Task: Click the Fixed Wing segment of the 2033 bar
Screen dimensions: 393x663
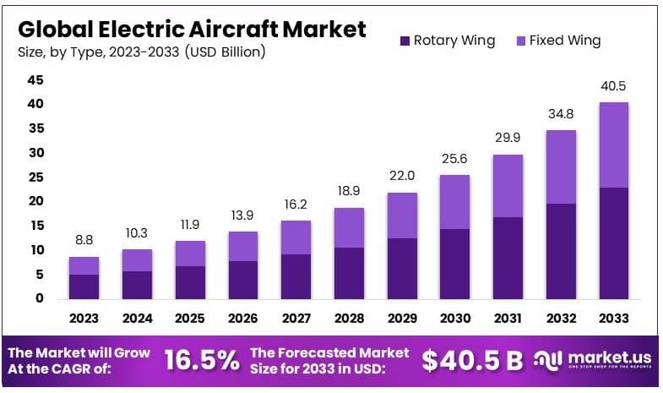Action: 613,145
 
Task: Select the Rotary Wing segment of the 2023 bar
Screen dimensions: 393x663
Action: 84,287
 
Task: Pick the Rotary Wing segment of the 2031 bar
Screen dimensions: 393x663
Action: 508,258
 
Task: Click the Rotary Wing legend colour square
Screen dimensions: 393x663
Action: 404,41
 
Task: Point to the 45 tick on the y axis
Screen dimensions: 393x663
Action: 35,80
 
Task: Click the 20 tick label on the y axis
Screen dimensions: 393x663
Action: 35,201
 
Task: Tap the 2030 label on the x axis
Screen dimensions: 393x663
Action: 454,319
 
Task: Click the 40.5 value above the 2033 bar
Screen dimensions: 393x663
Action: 613,86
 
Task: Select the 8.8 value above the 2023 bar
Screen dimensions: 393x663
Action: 84,241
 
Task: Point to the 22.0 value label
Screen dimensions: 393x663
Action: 402,177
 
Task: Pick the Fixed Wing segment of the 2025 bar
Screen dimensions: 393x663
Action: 189,254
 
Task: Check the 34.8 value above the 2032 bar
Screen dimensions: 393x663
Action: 561,114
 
